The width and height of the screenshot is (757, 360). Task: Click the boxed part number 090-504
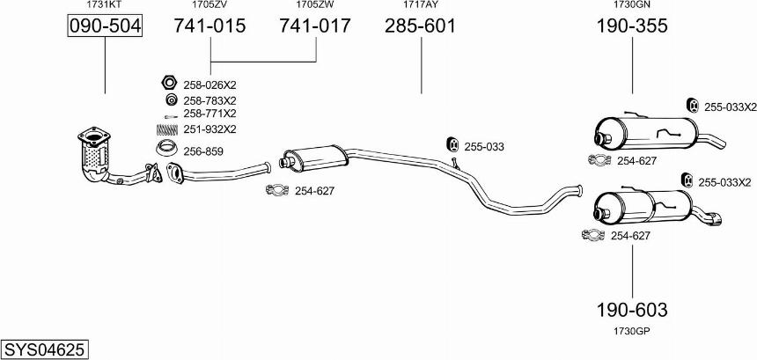coord(105,26)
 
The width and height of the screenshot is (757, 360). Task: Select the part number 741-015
coord(209,26)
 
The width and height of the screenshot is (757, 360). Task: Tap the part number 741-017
coord(315,26)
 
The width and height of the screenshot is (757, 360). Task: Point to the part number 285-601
coord(420,26)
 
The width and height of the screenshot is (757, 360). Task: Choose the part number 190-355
coord(632,26)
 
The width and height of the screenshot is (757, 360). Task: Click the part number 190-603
coord(632,310)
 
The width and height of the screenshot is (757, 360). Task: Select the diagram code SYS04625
coord(45,349)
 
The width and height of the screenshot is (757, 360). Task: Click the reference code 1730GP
coord(632,331)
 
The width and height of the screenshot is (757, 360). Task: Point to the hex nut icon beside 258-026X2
coord(168,83)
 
